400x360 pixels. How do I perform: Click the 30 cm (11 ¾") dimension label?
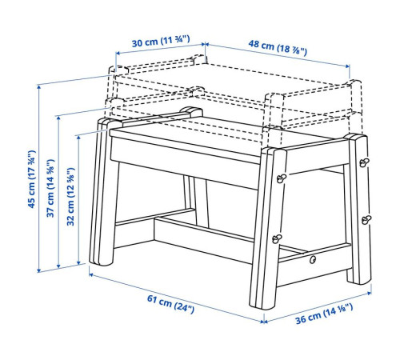pos(161,42)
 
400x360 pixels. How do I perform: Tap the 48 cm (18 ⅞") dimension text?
pos(278,48)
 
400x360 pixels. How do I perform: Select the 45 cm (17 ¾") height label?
pos(32,179)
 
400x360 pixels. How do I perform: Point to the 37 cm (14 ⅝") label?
pos(50,188)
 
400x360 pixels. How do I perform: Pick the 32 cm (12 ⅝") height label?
pos(70,197)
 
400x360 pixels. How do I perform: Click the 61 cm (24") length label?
pos(170,304)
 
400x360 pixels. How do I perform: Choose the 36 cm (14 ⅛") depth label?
pos(324,314)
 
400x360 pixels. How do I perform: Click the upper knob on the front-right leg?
pos(281,178)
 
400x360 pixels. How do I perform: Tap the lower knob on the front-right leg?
pos(277,238)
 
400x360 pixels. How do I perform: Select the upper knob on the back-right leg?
pos(363,162)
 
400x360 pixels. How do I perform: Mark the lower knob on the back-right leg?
pos(366,220)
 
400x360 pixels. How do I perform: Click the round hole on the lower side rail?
pos(313,259)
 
